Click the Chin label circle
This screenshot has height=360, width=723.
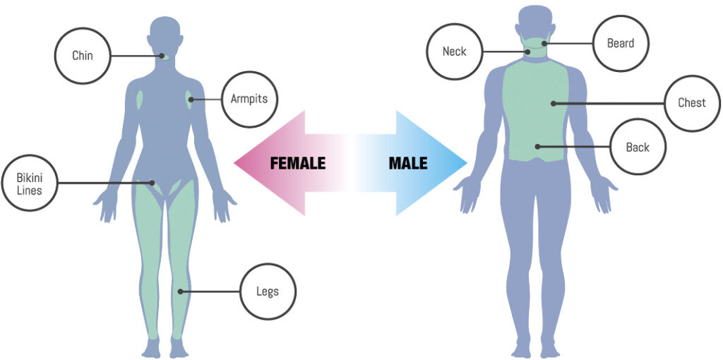click(83, 56)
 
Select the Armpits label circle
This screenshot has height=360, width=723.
click(249, 100)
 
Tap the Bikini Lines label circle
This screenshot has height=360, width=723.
click(30, 183)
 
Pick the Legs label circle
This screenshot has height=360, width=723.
click(268, 292)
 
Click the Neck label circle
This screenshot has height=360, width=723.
click(454, 52)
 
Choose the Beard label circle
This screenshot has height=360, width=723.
click(621, 43)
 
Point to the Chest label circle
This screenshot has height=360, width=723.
click(691, 103)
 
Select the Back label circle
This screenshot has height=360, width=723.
click(637, 148)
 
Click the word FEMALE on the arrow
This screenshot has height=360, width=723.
click(297, 164)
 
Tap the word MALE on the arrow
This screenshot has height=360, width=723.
click(408, 164)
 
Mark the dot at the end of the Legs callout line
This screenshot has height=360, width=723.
click(181, 291)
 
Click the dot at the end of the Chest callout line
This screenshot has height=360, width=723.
click(554, 103)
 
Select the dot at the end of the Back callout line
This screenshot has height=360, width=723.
click(537, 147)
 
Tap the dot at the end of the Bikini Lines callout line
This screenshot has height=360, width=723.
click(151, 183)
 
